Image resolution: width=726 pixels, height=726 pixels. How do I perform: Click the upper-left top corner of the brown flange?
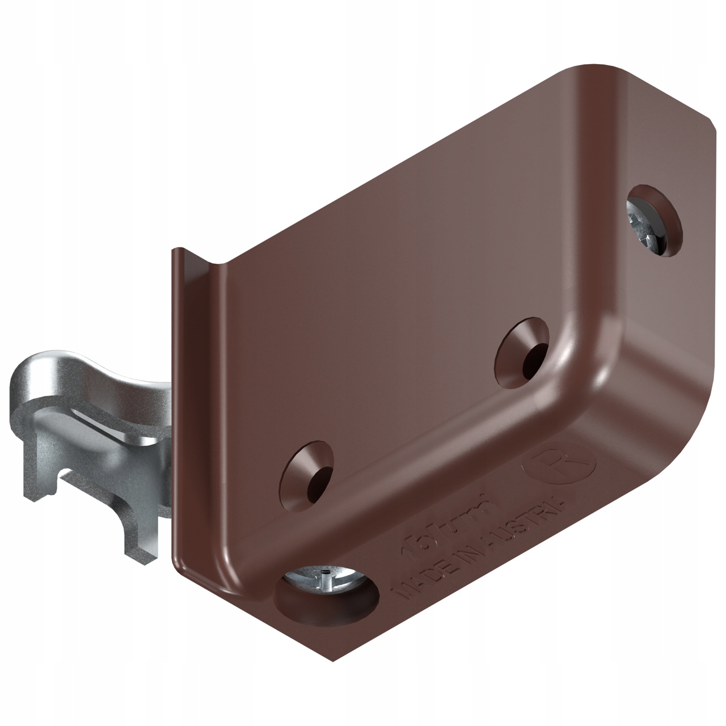click(x=177, y=251)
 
